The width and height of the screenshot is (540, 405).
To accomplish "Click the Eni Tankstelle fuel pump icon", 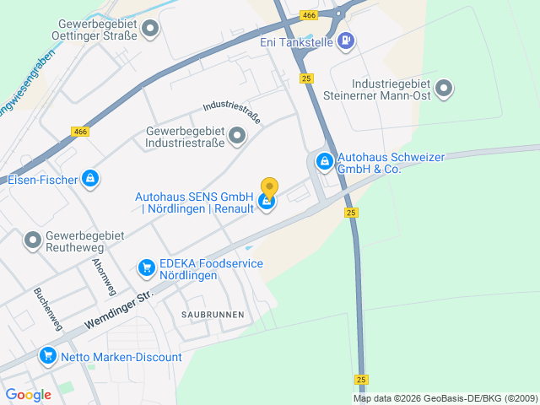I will pos(346,40).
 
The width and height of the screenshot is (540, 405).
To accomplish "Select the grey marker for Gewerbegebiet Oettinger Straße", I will pos(151,30).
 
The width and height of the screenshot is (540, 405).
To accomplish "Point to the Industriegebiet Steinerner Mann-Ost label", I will pos(391,91).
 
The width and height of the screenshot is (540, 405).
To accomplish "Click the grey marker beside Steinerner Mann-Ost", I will pos(445,88).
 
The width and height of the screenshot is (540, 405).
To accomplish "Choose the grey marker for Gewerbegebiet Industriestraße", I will pos(237,135).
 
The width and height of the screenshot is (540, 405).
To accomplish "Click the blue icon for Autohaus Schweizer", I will pos(324,160).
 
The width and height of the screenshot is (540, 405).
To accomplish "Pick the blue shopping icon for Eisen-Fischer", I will pos(90,179).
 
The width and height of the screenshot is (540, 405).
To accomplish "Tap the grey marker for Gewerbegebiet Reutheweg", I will pos(33,241).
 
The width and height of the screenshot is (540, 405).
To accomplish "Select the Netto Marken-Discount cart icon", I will pos(48,357).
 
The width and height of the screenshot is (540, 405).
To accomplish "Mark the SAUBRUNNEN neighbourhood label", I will pos(213,314).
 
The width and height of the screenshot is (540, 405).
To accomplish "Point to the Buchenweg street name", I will pos(48,309).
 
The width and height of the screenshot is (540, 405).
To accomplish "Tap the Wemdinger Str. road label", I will pos(121,310).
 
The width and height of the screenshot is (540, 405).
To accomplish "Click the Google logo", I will pos(29,394).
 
